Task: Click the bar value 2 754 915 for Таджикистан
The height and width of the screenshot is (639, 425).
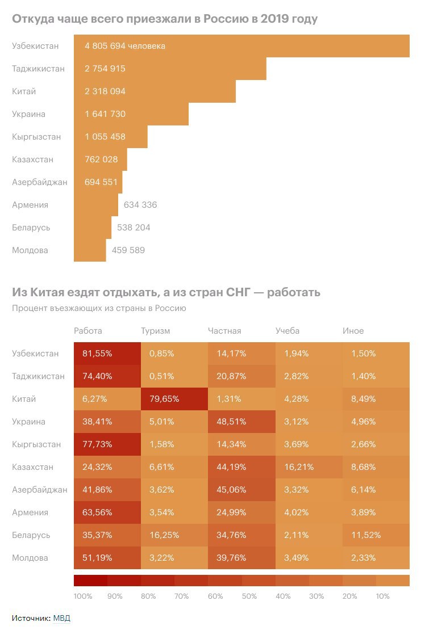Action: (x=105, y=69)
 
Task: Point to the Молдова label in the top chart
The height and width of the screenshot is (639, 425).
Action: (x=30, y=250)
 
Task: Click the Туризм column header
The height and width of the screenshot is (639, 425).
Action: (x=155, y=331)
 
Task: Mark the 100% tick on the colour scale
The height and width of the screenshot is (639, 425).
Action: (x=83, y=596)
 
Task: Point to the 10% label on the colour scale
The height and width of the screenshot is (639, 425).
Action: (x=382, y=596)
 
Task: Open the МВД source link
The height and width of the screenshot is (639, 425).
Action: (x=62, y=618)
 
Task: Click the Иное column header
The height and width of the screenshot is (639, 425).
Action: (x=353, y=331)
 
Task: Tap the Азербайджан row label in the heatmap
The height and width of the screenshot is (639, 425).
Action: (x=40, y=490)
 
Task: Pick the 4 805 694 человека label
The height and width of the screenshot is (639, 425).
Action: (x=125, y=46)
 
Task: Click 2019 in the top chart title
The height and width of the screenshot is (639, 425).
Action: (x=274, y=19)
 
